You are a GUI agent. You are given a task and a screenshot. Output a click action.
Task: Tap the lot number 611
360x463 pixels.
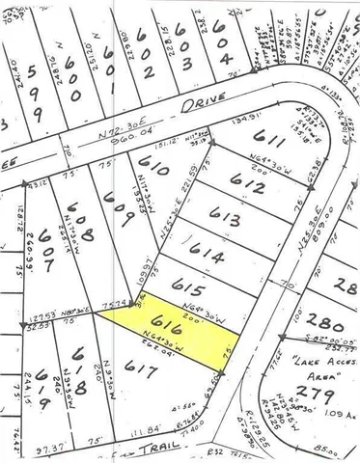[x=275, y=141]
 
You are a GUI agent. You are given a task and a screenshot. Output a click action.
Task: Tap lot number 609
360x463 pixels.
[x=119, y=203]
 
